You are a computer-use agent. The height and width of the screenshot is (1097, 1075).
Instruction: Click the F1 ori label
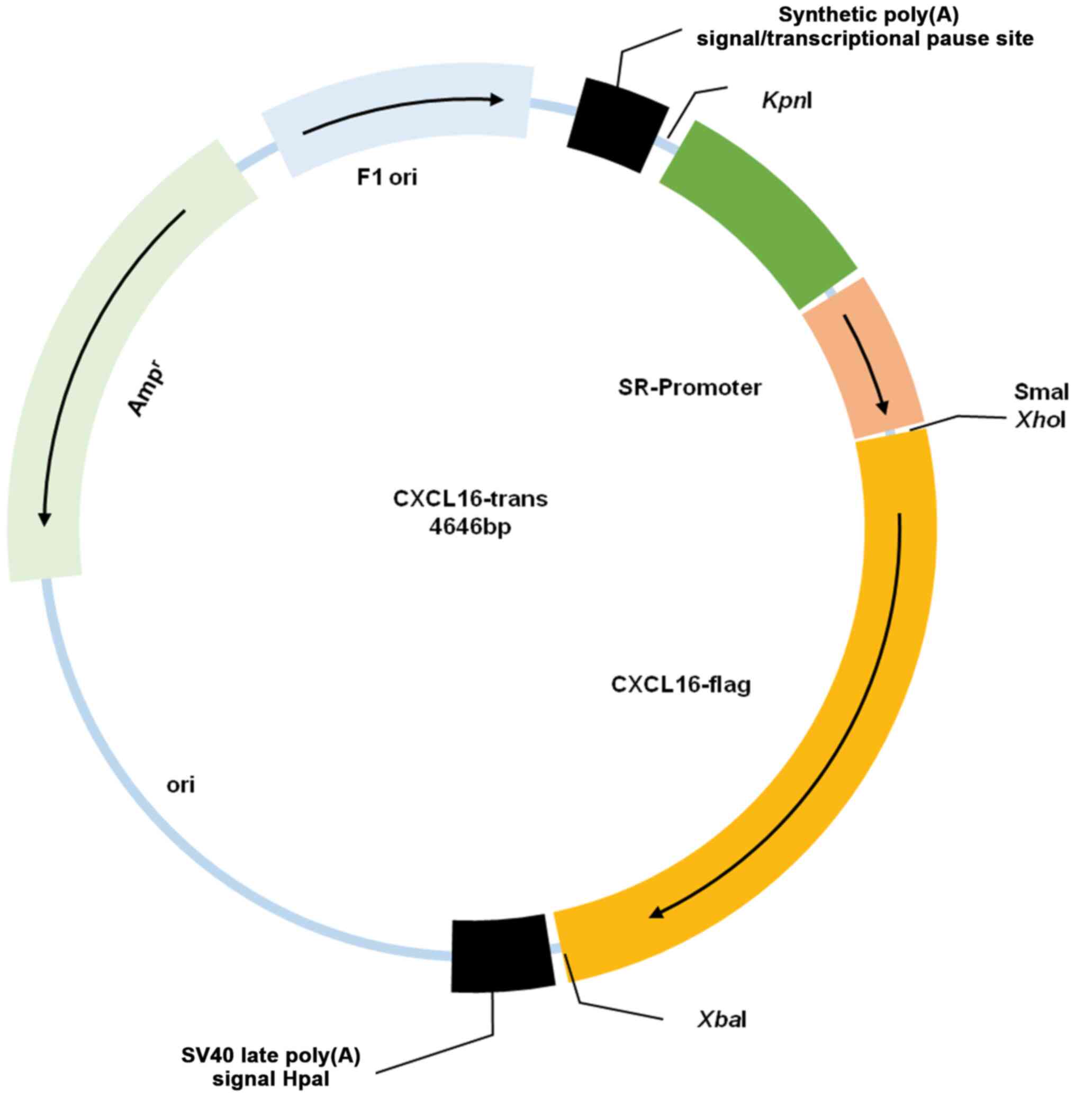[387, 177]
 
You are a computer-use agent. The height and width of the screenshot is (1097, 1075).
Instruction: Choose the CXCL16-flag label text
[681, 685]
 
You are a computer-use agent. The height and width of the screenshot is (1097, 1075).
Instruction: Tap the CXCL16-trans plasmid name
[469, 499]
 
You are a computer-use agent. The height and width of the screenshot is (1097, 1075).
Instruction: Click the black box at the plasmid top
[618, 125]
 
